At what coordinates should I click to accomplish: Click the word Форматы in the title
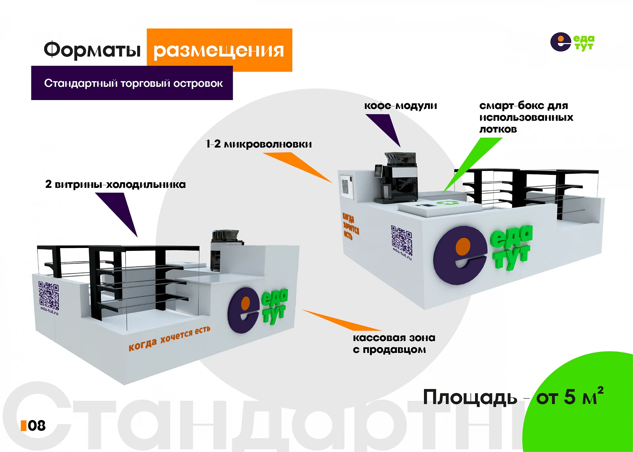[x=92, y=50]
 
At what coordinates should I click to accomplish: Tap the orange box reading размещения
[x=220, y=50]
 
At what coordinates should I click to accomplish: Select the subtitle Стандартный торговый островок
[x=134, y=83]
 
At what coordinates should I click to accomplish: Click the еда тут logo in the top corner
[x=572, y=42]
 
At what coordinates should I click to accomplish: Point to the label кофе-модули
[x=401, y=106]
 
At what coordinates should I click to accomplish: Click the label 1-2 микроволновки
[x=258, y=144]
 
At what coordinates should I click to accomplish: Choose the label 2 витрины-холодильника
[x=115, y=184]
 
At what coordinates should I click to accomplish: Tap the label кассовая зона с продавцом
[x=394, y=343]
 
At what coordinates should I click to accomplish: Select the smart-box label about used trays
[x=526, y=117]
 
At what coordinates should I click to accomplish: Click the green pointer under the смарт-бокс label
[x=472, y=165]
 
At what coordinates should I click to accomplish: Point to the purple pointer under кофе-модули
[x=383, y=130]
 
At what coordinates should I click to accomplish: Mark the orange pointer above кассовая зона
[x=342, y=320]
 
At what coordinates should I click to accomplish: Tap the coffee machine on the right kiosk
[x=396, y=178]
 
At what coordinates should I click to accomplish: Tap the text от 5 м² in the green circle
[x=570, y=396]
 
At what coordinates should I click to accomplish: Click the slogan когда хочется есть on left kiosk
[x=169, y=338]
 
